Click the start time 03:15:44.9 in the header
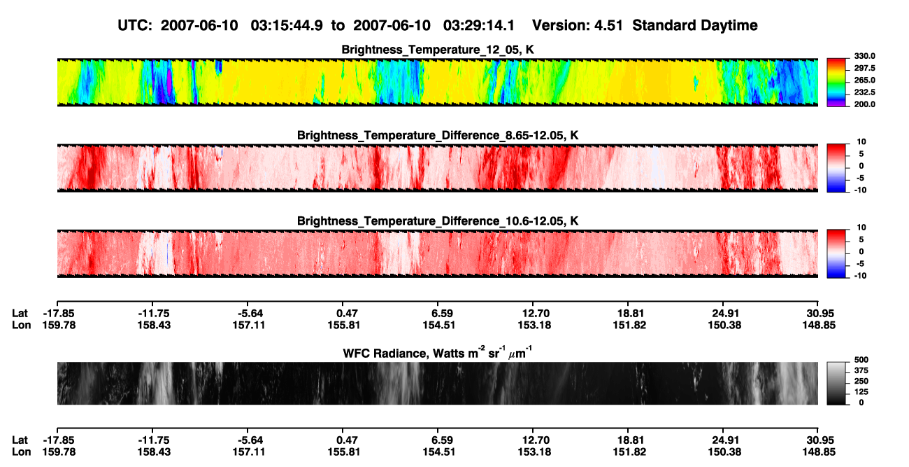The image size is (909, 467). [x=287, y=26]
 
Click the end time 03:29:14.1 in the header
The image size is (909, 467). [x=479, y=26]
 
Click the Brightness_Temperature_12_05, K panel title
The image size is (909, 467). [x=438, y=50]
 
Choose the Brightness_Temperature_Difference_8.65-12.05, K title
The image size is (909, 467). [x=438, y=135]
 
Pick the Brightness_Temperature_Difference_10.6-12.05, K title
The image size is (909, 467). [x=438, y=221]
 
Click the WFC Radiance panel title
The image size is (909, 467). [x=438, y=353]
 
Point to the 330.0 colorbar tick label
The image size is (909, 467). [x=864, y=56]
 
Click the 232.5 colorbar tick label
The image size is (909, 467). [x=864, y=92]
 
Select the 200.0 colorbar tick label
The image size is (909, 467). [x=864, y=104]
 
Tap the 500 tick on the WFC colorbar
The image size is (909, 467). [x=861, y=360]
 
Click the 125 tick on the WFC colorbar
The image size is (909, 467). [x=861, y=392]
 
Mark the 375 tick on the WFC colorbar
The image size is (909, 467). [x=861, y=370]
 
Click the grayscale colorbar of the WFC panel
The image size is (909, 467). [x=836, y=383]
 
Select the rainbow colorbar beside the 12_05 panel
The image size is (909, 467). [x=836, y=83]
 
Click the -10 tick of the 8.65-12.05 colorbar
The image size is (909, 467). [x=860, y=190]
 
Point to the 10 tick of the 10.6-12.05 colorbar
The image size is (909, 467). [x=861, y=228]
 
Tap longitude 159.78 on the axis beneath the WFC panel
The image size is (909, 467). [x=59, y=452]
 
